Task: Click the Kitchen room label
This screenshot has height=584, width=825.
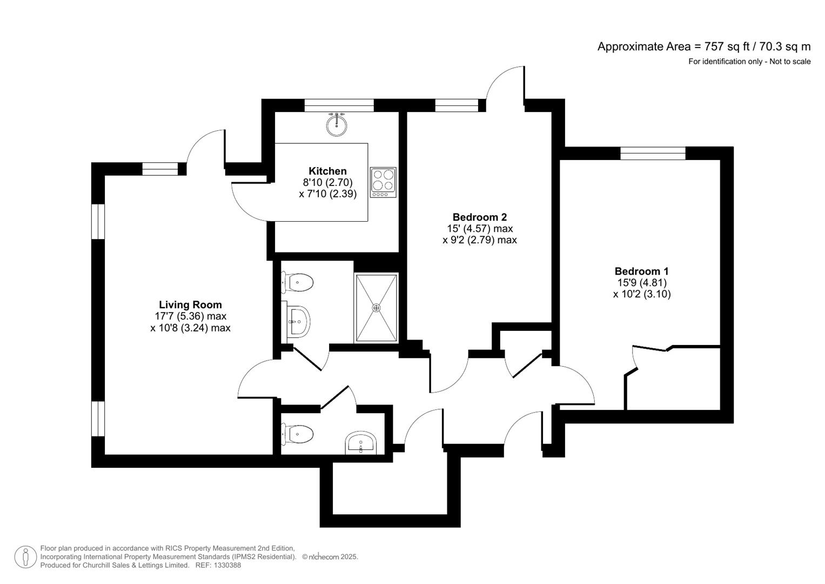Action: [327, 171]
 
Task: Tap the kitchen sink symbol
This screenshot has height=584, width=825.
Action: [337, 125]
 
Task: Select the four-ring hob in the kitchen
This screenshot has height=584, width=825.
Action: [383, 182]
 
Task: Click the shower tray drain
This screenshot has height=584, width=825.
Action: [376, 308]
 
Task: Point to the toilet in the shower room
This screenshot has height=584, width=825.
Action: [299, 282]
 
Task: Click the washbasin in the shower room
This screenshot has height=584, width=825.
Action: [298, 322]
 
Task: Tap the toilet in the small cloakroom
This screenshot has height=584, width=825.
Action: [299, 434]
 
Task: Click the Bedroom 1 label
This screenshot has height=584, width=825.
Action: [641, 271]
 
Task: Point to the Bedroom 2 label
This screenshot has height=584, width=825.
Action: [479, 217]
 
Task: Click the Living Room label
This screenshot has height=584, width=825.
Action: [190, 305]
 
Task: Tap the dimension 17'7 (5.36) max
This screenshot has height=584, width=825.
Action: [190, 316]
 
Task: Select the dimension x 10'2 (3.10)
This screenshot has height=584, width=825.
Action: [642, 295]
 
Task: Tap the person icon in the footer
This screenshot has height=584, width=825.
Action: [25, 557]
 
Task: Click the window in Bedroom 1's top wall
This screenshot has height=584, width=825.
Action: [653, 154]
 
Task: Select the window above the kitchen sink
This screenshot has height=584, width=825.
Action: [339, 105]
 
